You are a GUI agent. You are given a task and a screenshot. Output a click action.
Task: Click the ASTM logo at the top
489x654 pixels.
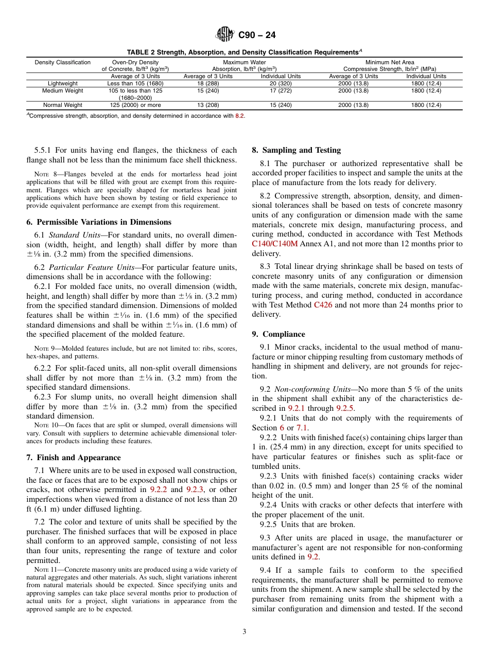pos(224,35)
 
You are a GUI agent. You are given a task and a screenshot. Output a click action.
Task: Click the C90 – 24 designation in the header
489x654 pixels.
pos(257,35)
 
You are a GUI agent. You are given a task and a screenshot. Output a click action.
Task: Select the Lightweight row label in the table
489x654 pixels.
pos(63,83)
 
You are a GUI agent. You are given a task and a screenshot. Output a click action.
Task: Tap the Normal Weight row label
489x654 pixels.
pos(63,105)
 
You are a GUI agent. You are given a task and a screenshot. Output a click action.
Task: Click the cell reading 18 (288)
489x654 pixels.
pos(208,83)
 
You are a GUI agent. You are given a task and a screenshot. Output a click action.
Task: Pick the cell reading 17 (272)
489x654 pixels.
pos(281,90)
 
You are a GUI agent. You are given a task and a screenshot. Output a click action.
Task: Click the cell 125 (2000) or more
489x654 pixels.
pos(135,105)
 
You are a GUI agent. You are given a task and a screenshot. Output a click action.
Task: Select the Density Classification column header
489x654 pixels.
pos(63,62)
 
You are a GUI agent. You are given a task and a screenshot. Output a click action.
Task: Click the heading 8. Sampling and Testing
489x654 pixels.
pos(296,150)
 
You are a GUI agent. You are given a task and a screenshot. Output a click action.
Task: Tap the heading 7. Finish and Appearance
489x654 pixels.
pos(74,458)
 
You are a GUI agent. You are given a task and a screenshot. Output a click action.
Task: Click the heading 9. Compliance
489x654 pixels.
pos(278,334)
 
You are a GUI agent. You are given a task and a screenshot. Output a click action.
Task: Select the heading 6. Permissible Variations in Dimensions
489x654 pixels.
pos(99,222)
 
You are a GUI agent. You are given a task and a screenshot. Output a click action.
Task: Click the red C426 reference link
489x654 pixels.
pos(323,305)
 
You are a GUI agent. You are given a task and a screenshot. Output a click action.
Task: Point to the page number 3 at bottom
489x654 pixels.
pos(244,632)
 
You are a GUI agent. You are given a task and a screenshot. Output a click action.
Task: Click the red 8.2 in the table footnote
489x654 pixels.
pos(239,116)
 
